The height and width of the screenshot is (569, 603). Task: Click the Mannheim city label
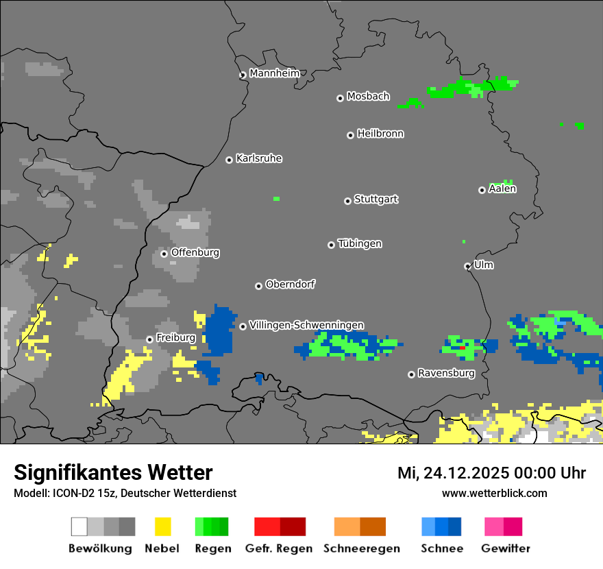275,73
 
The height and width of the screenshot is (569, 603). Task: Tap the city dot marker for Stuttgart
347,201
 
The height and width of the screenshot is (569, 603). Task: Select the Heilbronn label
380,134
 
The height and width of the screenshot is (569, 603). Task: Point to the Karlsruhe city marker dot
230,160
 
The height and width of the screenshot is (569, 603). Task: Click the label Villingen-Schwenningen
306,325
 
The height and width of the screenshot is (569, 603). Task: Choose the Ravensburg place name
446,373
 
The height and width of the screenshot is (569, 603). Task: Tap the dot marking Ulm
467,266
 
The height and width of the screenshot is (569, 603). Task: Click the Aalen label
502,189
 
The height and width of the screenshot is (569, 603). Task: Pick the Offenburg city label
195,252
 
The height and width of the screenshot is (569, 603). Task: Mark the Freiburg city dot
149,339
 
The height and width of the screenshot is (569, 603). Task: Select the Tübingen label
360,243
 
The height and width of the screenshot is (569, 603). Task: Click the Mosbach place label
368,97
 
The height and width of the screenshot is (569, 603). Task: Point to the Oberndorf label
290,284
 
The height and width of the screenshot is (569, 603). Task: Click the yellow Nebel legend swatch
162,526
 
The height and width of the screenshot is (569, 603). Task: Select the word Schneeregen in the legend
361,548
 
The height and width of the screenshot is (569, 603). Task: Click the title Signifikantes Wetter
113,472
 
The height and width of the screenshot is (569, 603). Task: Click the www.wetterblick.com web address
494,493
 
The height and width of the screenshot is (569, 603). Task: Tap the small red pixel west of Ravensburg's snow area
463,348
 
